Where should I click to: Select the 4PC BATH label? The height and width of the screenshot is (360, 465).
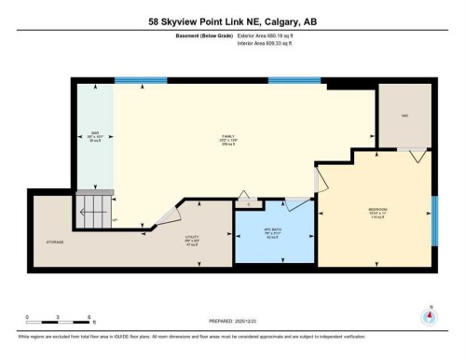click(274, 233)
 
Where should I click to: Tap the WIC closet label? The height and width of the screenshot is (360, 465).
click(405, 117)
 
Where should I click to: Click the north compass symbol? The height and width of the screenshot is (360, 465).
click(429, 315)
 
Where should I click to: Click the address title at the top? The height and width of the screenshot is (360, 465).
click(232, 21)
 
